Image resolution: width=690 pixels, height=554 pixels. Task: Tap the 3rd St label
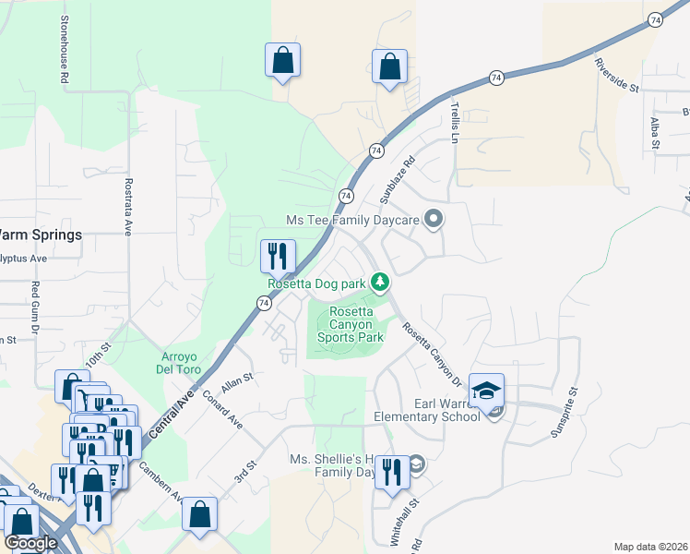click(x=244, y=473)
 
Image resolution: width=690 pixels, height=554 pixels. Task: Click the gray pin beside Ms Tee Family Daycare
click(x=435, y=220)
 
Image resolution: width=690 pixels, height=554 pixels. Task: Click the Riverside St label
click(x=616, y=76)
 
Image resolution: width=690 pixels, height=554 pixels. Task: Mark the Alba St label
click(x=654, y=132)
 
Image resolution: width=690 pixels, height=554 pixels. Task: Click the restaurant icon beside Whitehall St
click(x=392, y=475)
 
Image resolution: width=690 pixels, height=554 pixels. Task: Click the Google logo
click(x=31, y=543)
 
